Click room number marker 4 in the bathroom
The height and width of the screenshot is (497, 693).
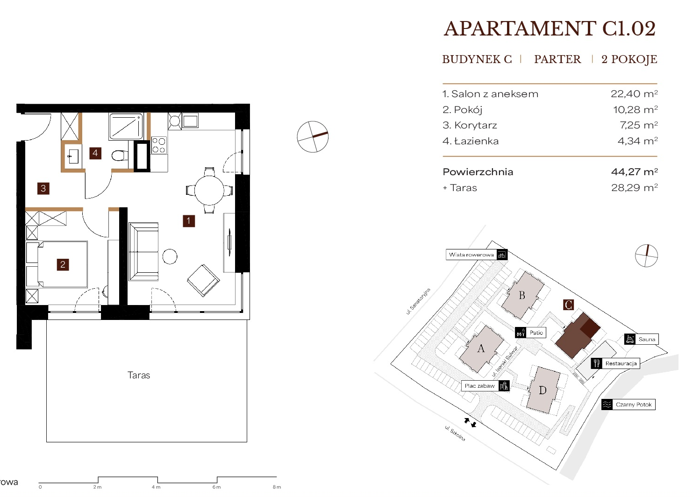95,153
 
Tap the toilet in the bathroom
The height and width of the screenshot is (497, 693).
120,155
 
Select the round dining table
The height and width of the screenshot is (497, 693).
209,190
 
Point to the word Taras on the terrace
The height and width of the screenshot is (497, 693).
139,375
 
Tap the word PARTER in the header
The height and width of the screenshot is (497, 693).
557,59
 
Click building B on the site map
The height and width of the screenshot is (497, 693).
522,295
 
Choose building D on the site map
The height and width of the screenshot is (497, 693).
543,390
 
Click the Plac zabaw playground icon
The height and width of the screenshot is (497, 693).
504,386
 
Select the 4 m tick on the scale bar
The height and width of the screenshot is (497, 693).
157,480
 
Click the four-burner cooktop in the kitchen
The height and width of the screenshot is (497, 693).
159,146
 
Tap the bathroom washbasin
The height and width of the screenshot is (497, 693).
73,156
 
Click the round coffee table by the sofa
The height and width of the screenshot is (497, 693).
170,256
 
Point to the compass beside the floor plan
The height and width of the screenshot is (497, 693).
313,137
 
